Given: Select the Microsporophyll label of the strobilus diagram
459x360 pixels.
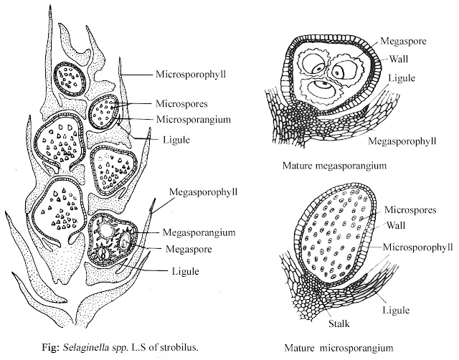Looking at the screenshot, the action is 188,73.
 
